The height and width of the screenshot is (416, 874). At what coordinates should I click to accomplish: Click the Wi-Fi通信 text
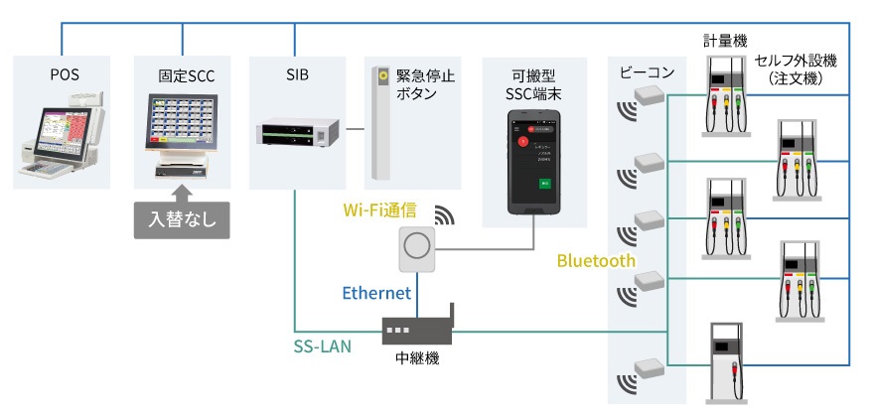coord(380,210)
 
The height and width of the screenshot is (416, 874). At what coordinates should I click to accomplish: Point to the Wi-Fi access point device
coord(418,249)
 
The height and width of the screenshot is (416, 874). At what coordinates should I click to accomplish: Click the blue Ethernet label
coord(376,293)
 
